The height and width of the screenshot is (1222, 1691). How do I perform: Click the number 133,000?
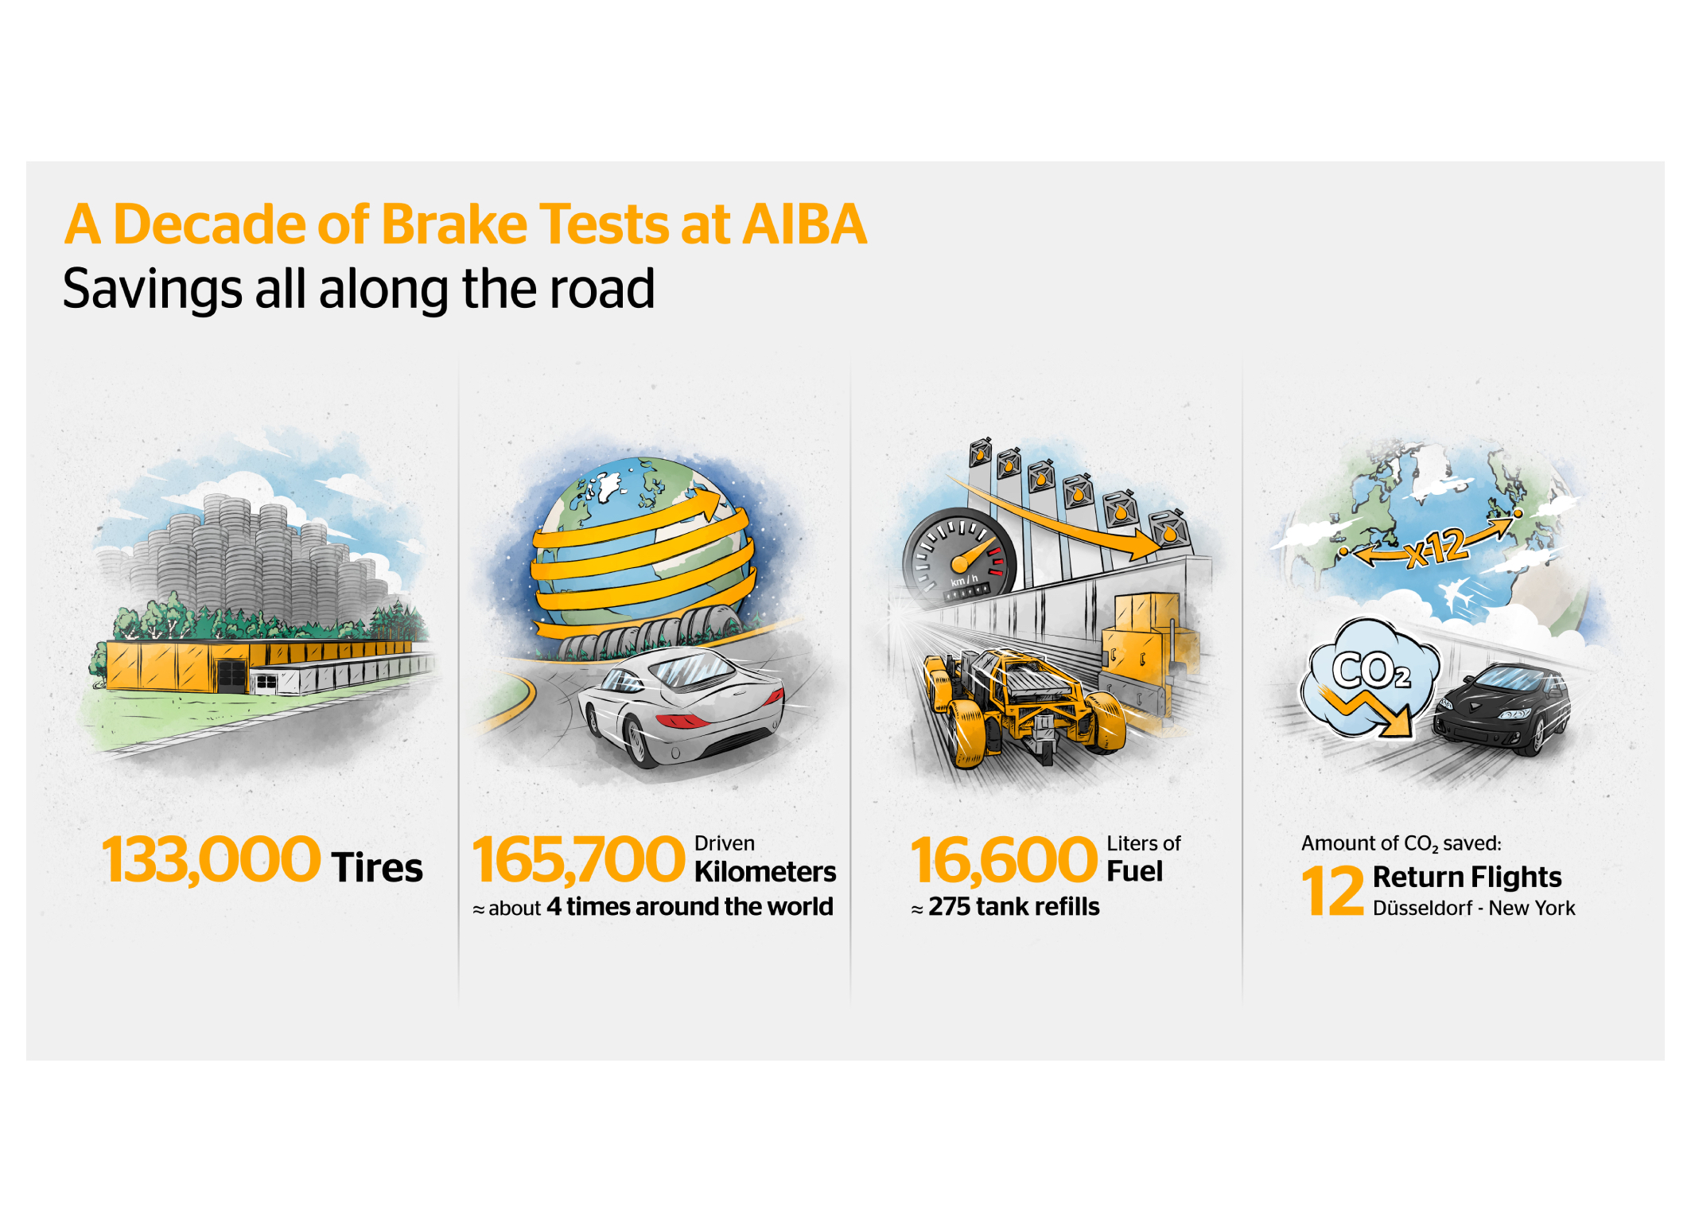pos(211,860)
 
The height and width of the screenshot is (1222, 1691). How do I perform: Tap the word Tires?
pos(377,867)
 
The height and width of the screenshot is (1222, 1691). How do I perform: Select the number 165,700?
pos(578,860)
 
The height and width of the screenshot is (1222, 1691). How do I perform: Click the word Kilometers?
pos(765,872)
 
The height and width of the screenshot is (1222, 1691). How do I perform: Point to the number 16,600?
pos(1004,860)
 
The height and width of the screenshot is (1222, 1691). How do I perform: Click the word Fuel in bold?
pos(1135,871)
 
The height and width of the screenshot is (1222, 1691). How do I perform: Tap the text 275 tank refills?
pos(1014,907)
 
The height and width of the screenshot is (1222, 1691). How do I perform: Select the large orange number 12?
pos(1333,891)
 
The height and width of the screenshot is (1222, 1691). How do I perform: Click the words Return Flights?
pos(1467,877)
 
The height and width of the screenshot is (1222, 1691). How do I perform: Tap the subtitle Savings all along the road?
pos(359,289)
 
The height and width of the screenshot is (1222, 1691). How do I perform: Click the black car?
pos(1502,710)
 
